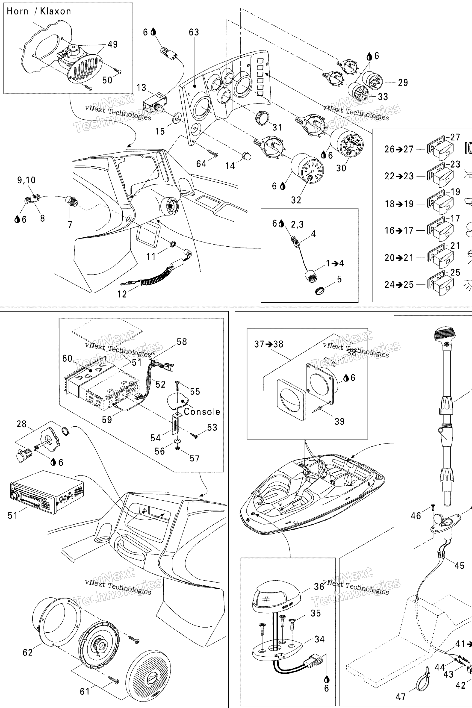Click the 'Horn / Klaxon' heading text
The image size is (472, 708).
[39, 12]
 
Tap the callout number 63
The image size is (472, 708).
[194, 32]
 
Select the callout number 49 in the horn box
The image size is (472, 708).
[112, 44]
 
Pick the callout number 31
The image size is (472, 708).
[277, 127]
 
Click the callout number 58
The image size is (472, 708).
[182, 342]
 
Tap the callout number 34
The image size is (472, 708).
[319, 639]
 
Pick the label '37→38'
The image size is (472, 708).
[269, 344]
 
